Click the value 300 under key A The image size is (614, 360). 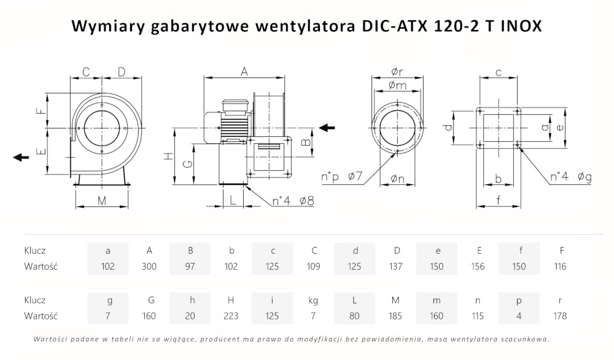pyautogui.click(x=149, y=267)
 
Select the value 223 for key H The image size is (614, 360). pyautogui.click(x=231, y=316)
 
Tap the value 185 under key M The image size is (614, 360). pyautogui.click(x=395, y=316)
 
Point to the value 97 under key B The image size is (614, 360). pyautogui.click(x=190, y=267)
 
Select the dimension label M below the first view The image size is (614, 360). pyautogui.click(x=102, y=200)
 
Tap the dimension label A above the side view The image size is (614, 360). pyautogui.click(x=244, y=72)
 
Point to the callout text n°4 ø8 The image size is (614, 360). pyautogui.click(x=293, y=200)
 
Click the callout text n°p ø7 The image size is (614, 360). pyautogui.click(x=343, y=178)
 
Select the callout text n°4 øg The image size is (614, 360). pyautogui.click(x=570, y=178)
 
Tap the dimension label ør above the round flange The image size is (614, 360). pyautogui.click(x=397, y=72)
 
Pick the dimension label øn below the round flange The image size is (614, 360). pyautogui.click(x=397, y=179)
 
